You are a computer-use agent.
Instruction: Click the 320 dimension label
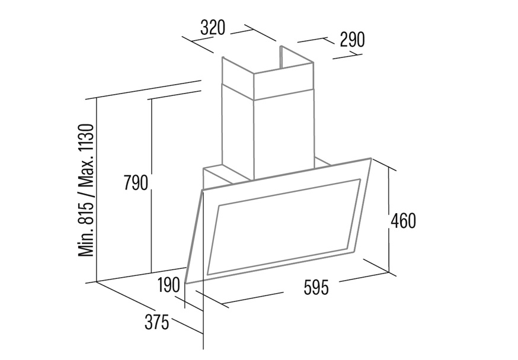(x=213, y=27)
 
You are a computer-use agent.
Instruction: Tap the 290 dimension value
(x=352, y=40)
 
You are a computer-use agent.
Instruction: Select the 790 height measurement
(x=136, y=183)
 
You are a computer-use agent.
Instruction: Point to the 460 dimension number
(x=403, y=221)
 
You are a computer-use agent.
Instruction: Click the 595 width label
(x=316, y=287)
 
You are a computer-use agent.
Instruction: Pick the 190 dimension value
(x=168, y=285)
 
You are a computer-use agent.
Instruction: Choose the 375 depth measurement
(x=156, y=322)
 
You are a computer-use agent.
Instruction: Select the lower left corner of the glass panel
(x=186, y=283)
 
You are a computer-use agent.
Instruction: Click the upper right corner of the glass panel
(x=372, y=159)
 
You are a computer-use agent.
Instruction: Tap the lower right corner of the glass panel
(x=354, y=253)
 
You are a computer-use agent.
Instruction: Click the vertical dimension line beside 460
(x=389, y=220)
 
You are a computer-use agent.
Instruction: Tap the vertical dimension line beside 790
(x=151, y=185)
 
